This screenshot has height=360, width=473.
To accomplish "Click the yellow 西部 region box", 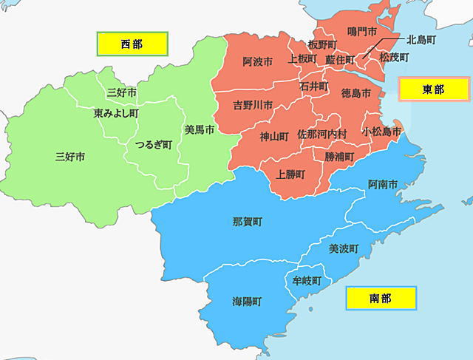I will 132,44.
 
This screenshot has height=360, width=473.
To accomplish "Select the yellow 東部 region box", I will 433,89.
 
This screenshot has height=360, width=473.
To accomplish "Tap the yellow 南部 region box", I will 381,299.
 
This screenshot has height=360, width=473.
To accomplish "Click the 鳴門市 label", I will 362,32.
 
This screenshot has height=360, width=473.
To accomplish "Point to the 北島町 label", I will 421,38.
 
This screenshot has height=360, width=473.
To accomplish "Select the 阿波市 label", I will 257,62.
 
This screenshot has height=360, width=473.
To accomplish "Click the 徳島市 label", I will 356,93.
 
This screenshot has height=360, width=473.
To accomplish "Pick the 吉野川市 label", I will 253,104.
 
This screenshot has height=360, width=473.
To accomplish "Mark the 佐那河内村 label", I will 321,135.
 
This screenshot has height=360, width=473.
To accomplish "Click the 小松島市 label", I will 381,131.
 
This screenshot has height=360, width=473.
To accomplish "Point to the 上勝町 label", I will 291,175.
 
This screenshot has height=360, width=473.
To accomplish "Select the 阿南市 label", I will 383,183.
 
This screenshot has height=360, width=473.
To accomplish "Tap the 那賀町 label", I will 247,221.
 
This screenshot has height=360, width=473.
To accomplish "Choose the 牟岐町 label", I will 307,281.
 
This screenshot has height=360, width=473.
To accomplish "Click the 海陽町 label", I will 247,302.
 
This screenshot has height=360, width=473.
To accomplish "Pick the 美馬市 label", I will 200,130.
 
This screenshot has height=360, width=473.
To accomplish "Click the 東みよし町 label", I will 116,114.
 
